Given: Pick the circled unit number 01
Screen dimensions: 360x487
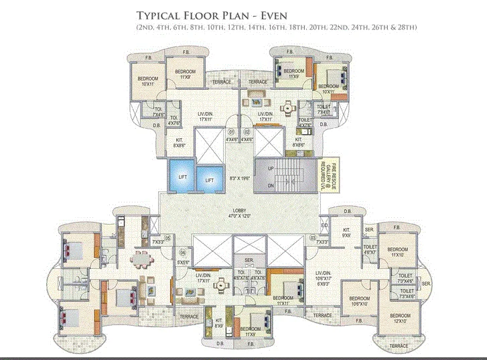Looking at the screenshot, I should coord(231,132).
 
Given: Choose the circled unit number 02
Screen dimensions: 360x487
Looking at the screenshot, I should coord(247,132).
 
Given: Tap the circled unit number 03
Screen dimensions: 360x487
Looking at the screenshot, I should coord(313,238).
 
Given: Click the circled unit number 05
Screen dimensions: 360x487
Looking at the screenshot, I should coord(168,238).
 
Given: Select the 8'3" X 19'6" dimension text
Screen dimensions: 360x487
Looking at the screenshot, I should coord(239,178).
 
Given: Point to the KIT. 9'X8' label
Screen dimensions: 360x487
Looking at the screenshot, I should coord(347,234).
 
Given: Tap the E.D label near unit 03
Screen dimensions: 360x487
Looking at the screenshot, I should coord(324,226).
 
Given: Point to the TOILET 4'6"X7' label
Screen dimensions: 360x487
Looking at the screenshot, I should coord(370,250).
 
